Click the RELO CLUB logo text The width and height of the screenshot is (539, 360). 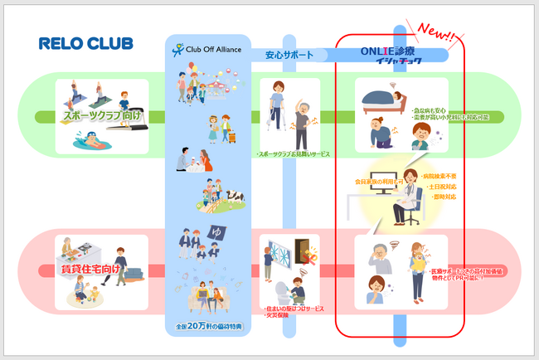click(85, 43)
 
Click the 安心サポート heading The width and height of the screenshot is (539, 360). click(289, 56)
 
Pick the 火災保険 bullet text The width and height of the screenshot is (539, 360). click(277, 317)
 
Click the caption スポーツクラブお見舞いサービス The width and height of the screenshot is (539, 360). click(290, 154)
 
